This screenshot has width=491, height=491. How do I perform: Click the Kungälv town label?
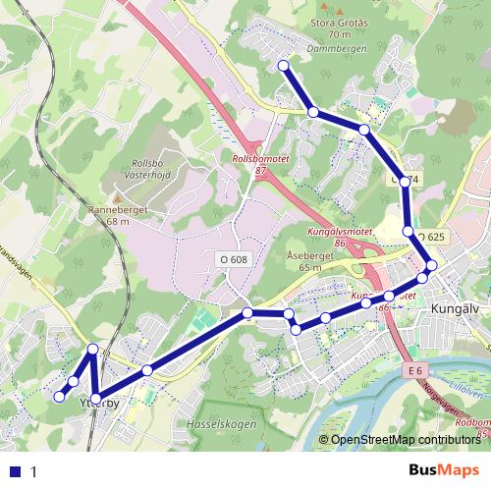[454, 309]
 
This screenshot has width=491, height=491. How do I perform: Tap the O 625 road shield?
[431, 237]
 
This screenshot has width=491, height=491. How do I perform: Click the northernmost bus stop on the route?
[284, 65]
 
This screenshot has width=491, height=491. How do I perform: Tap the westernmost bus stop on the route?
[59, 397]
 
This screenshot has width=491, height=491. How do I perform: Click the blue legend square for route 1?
[13, 471]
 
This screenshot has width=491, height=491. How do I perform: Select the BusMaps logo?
[443, 471]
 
